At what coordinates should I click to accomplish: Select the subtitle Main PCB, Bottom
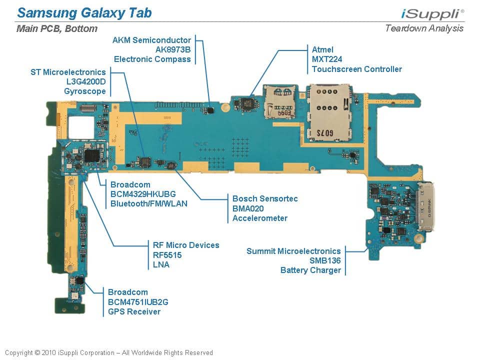[x=57, y=28]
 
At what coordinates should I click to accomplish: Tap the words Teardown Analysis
[x=424, y=28]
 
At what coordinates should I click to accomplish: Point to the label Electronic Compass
[x=152, y=59]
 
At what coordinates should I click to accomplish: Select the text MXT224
[x=327, y=59]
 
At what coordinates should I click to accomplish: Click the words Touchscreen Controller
[x=356, y=69]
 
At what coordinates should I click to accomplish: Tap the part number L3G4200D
[x=86, y=81]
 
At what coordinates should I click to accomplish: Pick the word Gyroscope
[x=85, y=91]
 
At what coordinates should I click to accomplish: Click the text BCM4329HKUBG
[x=143, y=194]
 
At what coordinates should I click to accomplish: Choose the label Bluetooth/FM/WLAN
[x=149, y=203]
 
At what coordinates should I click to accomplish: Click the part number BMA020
[x=248, y=208]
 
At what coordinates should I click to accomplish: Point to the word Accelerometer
[x=260, y=218]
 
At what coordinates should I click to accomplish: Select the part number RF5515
[x=167, y=255]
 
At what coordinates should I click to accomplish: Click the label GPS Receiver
[x=134, y=311]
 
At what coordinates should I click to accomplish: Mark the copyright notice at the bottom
[x=109, y=352]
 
